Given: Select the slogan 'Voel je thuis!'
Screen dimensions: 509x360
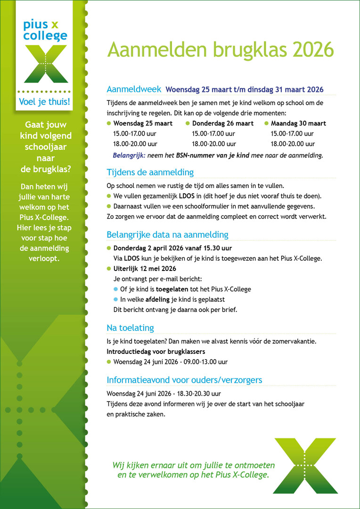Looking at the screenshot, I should pos(44,102).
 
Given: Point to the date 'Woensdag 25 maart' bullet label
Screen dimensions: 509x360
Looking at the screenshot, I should pos(143,123).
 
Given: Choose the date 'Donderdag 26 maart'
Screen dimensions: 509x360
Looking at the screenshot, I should pos(222,123).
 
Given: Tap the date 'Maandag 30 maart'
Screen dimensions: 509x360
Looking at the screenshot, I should pos(298,123).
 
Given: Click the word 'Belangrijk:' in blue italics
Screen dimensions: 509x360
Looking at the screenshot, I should pos(130,155).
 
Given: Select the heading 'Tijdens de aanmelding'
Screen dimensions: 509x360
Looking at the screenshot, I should pos(150,172).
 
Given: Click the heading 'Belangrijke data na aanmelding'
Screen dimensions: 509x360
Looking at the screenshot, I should pos(167,235).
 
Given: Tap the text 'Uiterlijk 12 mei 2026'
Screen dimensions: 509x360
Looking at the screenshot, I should pos(145,269).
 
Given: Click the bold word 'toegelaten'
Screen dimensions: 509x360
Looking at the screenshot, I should pos(172,289).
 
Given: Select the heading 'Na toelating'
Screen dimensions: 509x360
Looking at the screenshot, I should pos(130,328).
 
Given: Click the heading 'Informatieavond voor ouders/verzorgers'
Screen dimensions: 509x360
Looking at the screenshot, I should pos(184,380).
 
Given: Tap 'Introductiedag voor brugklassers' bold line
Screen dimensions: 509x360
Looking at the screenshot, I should pos(156,352).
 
